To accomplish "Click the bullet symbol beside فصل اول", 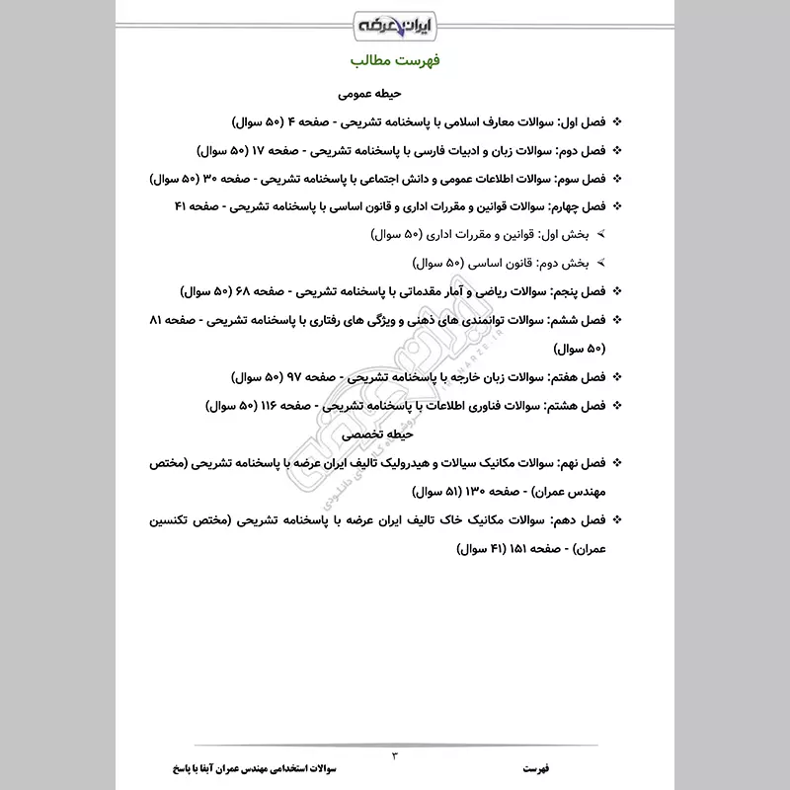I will click(618, 123).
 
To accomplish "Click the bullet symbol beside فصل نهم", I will click(618, 462).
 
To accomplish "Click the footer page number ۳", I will click(395, 755).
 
